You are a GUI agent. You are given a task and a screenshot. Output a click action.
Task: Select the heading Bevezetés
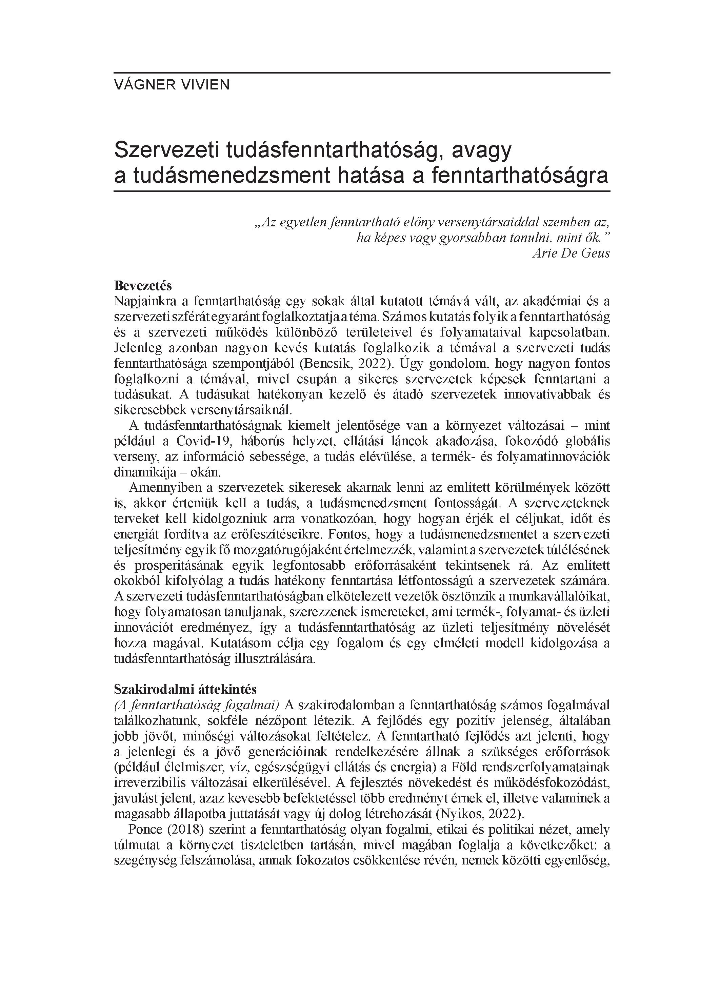(x=142, y=286)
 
